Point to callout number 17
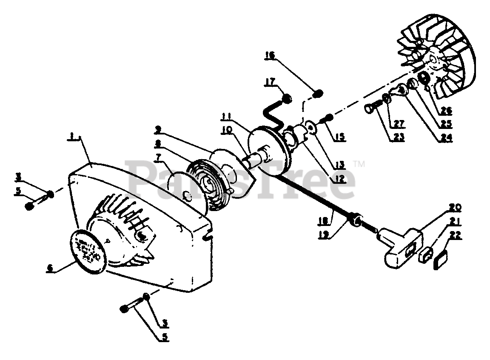click(271, 82)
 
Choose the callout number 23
click(399, 137)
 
